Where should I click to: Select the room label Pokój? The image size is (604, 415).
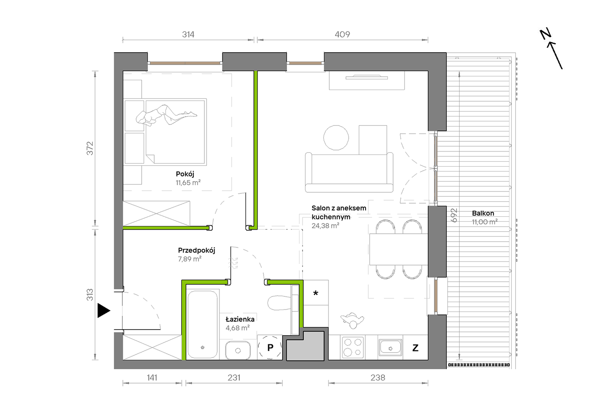click(185, 174)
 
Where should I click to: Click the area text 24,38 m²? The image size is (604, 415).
click(325, 226)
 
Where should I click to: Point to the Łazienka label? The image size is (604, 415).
click(240, 319)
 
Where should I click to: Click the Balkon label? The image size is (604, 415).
click(483, 213)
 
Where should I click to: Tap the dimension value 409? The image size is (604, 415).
click(342, 34)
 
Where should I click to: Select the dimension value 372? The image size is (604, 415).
click(90, 148)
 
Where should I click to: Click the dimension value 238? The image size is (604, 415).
click(378, 378)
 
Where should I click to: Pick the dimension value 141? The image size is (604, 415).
click(152, 378)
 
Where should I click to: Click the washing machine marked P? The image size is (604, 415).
click(270, 347)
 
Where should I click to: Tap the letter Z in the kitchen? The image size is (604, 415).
click(415, 348)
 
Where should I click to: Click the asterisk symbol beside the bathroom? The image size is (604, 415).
click(316, 293)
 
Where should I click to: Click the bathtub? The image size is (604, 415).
click(202, 324)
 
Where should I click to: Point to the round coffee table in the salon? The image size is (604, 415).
click(336, 138)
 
